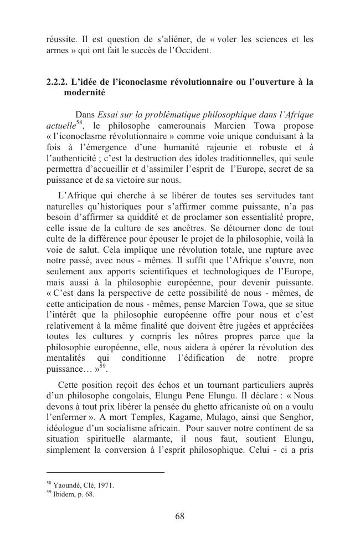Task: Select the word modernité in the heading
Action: [82, 93]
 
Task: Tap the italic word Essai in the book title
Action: [109, 115]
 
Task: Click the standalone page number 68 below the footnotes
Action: [179, 516]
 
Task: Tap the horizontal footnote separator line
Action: [105, 473]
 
